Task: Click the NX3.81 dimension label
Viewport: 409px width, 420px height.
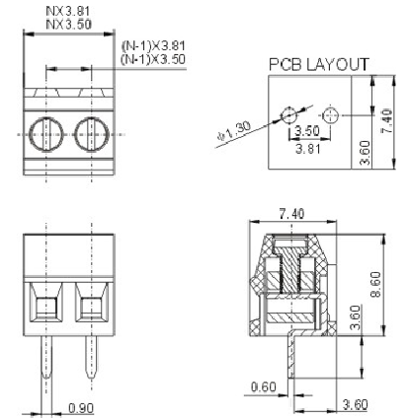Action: pos(67,11)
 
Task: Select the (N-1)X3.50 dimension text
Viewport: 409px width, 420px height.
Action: pos(153,59)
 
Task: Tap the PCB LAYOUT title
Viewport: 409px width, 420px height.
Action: pos(319,64)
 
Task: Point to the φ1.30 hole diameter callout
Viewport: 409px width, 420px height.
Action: pos(234,130)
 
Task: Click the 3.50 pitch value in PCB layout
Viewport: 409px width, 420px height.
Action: pos(307,130)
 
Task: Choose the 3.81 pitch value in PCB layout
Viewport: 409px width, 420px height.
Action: pos(308,149)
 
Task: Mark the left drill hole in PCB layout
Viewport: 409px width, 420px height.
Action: pos(288,115)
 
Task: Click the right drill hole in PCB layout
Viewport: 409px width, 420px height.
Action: pos(330,115)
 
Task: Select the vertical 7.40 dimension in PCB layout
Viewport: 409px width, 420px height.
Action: pos(386,121)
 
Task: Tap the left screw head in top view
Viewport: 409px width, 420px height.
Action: pos(45,134)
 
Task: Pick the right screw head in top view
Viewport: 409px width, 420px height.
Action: pos(91,134)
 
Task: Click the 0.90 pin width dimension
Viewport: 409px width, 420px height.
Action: pos(81,408)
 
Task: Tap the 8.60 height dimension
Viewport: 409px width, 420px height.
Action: pos(375,285)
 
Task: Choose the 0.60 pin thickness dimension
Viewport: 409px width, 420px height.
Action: pos(264,386)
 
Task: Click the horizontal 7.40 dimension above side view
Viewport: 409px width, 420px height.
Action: pos(291,214)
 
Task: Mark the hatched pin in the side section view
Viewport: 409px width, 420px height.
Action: pos(290,354)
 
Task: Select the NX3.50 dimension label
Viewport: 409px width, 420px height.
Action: pos(68,25)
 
